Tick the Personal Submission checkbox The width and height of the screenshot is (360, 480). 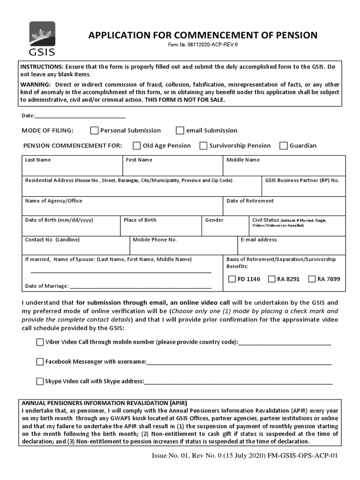coord(94,130)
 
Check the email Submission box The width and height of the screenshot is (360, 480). coord(180,130)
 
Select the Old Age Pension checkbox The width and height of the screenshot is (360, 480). coord(137,145)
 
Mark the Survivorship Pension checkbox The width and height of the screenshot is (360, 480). coord(203,145)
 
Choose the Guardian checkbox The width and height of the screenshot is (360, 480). coord(283,145)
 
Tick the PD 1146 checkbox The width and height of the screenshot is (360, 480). coord(232,279)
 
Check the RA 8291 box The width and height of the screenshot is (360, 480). coord(271,279)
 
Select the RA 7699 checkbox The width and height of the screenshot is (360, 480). coord(312,279)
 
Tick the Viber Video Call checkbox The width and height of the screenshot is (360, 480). coord(40,342)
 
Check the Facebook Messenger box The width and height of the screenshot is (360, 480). coord(40,361)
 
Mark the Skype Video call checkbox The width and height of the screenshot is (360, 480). coord(40,381)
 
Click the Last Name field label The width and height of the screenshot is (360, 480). coord(38,160)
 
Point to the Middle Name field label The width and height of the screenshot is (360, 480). coord(243,160)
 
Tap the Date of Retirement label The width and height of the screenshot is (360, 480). coord(250,201)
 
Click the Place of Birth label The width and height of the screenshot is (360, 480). coord(140,220)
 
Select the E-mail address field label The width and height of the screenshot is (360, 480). coord(258,240)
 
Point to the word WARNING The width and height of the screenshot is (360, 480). coord(35,84)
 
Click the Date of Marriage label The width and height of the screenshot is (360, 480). coord(46,286)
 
